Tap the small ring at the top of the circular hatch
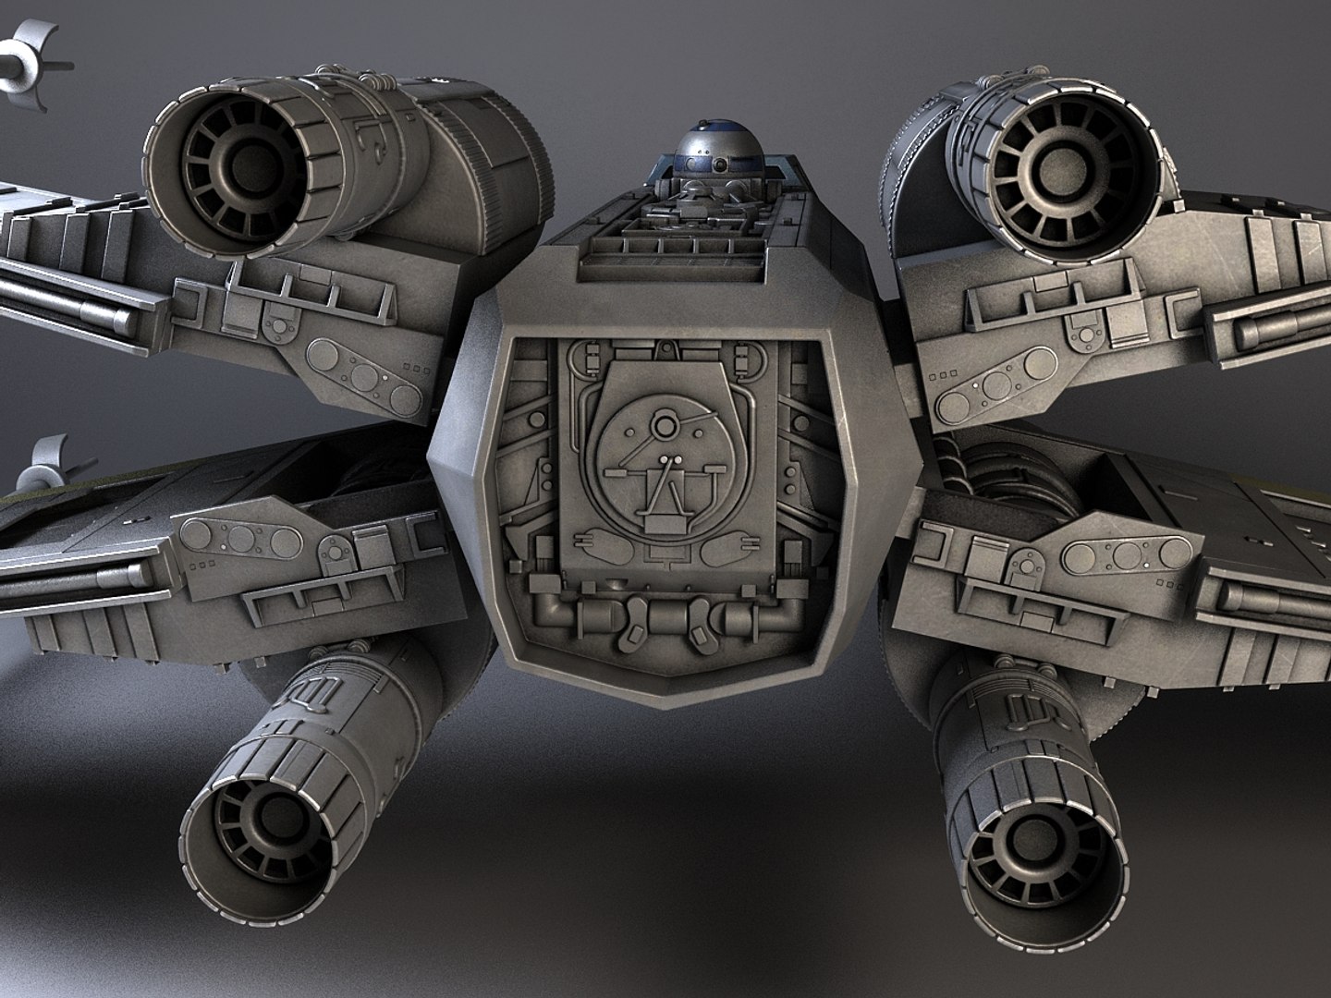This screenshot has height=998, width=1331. tap(664, 424)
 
